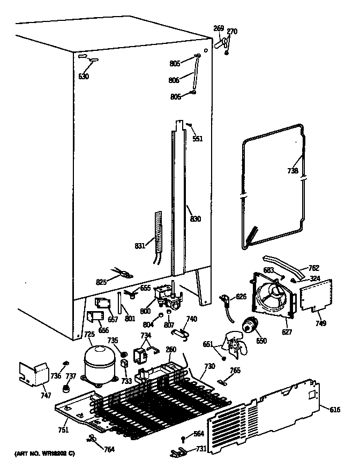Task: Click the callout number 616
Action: pos(335,410)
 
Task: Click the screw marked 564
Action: pos(183,440)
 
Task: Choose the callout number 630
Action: pos(84,76)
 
